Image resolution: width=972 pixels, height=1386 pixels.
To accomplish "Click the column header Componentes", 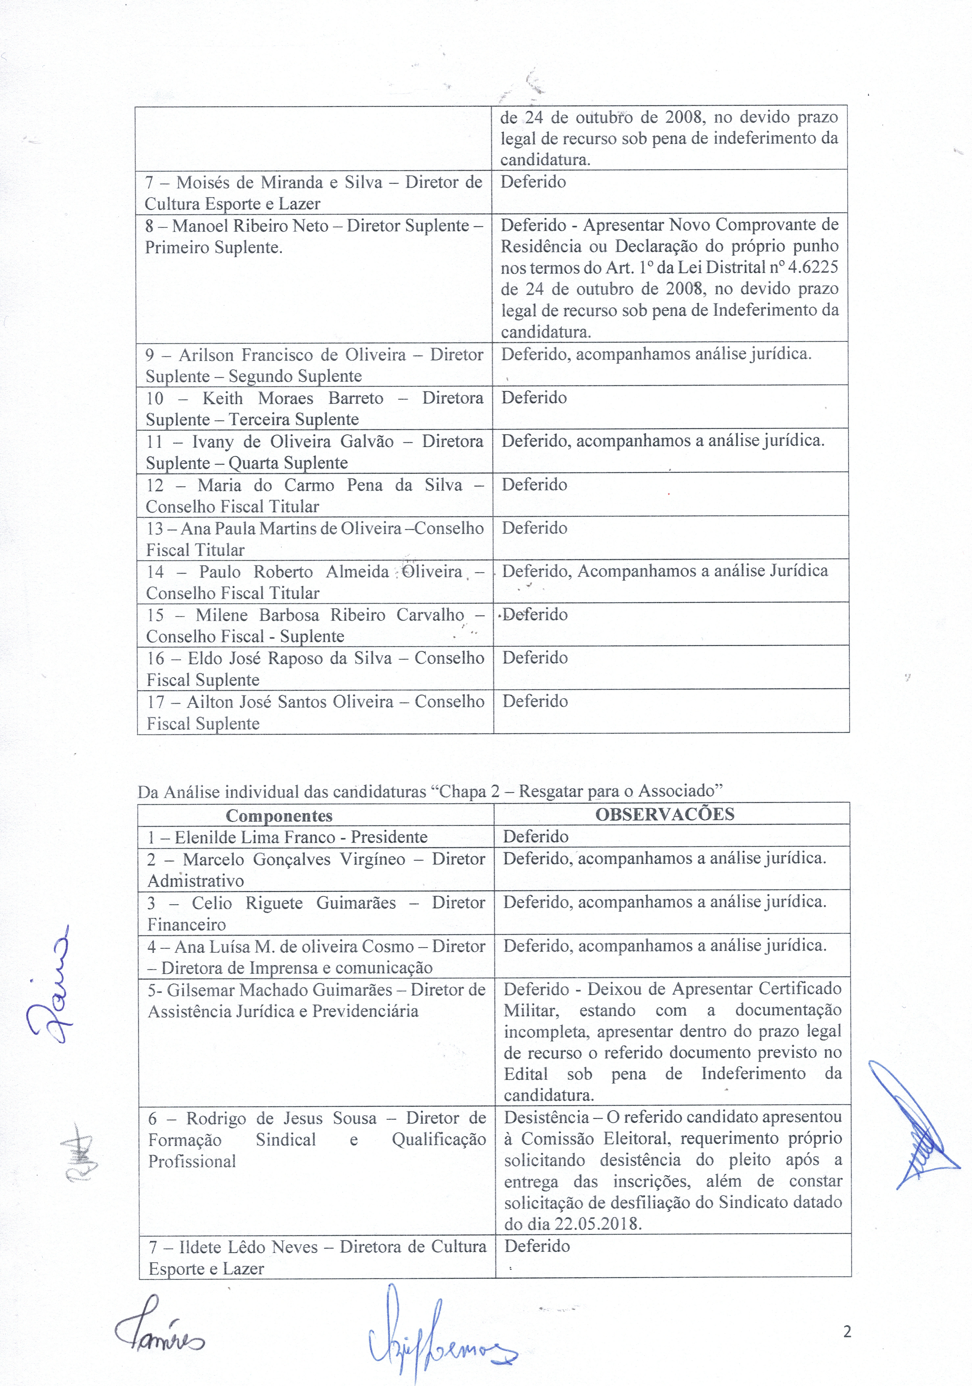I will (x=279, y=816).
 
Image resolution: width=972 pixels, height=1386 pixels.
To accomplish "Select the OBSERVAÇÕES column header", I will (x=665, y=814).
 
